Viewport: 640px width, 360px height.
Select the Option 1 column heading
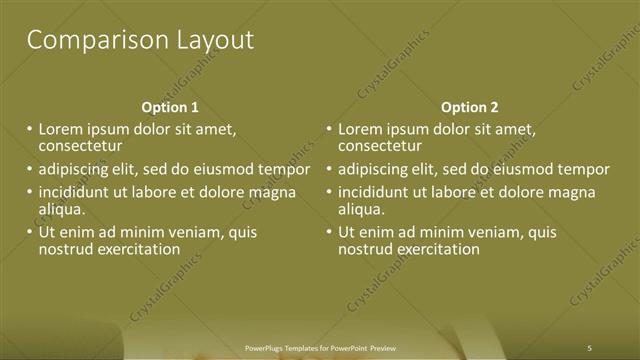click(x=170, y=107)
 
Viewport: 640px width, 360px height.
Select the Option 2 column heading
click(x=469, y=107)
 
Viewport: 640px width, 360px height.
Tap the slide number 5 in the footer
click(x=590, y=347)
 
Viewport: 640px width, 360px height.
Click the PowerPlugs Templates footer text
click(x=320, y=347)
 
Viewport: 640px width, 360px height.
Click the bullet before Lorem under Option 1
click(x=29, y=130)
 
